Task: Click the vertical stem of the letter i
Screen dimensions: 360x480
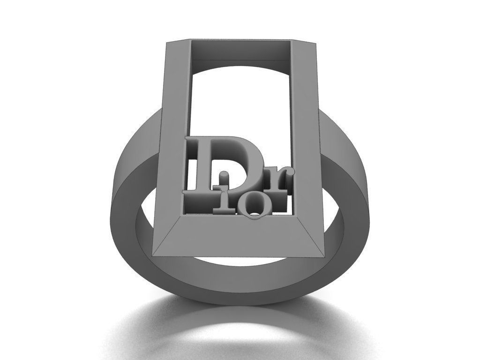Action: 225,197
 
